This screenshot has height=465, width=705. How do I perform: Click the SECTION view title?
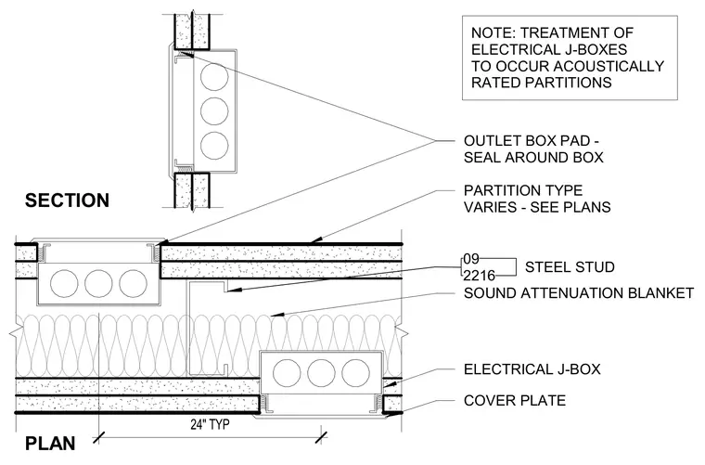[x=67, y=200]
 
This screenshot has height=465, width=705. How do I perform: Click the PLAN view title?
[x=50, y=444]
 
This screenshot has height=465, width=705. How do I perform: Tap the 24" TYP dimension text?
[x=210, y=424]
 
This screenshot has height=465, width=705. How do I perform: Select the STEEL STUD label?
[x=570, y=267]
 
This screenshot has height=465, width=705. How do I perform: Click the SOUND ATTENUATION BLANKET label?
[x=579, y=293]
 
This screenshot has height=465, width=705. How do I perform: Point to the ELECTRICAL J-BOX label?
[x=532, y=369]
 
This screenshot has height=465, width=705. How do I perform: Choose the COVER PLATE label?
[x=515, y=400]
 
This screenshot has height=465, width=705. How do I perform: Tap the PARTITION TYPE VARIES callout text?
[x=537, y=199]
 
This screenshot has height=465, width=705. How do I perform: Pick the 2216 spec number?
[x=480, y=275]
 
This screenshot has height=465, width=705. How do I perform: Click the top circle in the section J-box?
[x=214, y=76]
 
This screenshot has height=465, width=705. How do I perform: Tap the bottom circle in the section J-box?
[x=214, y=146]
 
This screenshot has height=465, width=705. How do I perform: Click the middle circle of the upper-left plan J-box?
[x=98, y=284]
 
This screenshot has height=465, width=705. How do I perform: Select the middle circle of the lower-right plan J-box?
[x=321, y=374]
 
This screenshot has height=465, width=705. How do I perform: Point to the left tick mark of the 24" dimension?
[x=99, y=437]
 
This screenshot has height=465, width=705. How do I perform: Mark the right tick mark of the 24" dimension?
[x=321, y=437]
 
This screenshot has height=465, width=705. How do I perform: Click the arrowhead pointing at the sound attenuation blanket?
[x=276, y=315]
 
